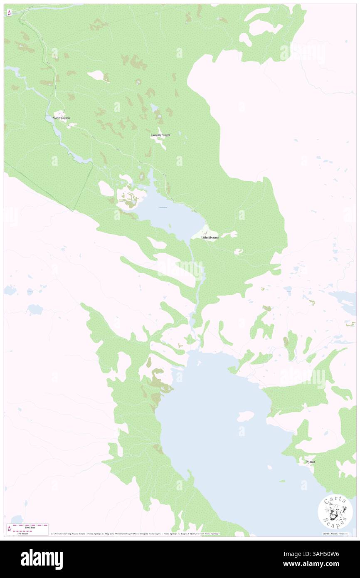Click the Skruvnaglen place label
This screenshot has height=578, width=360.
[64, 118]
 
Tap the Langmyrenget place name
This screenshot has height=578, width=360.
[160, 135]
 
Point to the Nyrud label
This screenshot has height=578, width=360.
[310, 462]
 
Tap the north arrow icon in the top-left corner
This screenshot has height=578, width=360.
[9, 12]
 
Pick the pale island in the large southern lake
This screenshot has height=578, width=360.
[245, 415]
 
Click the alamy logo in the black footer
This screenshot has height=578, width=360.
[42, 559]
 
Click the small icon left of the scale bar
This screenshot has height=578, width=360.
[9, 529]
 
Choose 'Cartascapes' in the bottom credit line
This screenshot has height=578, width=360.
[152, 534]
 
